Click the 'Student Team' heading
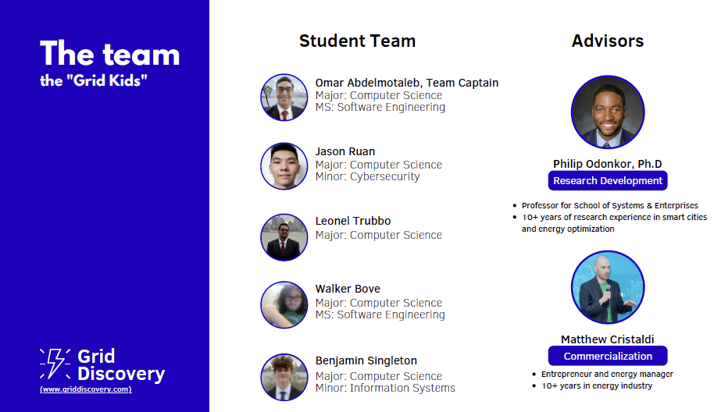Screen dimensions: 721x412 pos(357,41)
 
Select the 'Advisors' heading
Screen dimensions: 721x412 pos(608,41)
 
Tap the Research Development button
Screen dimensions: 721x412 pos(608,180)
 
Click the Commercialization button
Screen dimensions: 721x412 pos(608,356)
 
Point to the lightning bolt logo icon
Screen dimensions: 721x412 pos(55,364)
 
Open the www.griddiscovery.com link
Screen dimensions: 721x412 pos(85,389)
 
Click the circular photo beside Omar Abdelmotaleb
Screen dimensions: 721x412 pos(284,98)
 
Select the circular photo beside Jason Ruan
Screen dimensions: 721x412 pos(284,165)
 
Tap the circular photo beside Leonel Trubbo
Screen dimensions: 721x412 pos(284,237)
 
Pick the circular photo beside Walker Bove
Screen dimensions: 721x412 pos(284,305)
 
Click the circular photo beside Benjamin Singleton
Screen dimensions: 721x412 pos(284,377)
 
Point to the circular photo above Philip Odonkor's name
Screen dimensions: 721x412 pos(608,112)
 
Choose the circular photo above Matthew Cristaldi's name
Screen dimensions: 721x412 pos(608,287)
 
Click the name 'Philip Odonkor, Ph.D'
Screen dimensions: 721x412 pos(608,164)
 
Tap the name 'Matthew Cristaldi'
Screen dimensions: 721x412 pos(608,339)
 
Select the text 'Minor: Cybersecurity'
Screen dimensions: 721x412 pos(367,177)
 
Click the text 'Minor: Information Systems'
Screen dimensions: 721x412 pos(385,388)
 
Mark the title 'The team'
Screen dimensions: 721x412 pos(109,54)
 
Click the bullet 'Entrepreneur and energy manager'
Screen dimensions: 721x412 pos(607,375)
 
